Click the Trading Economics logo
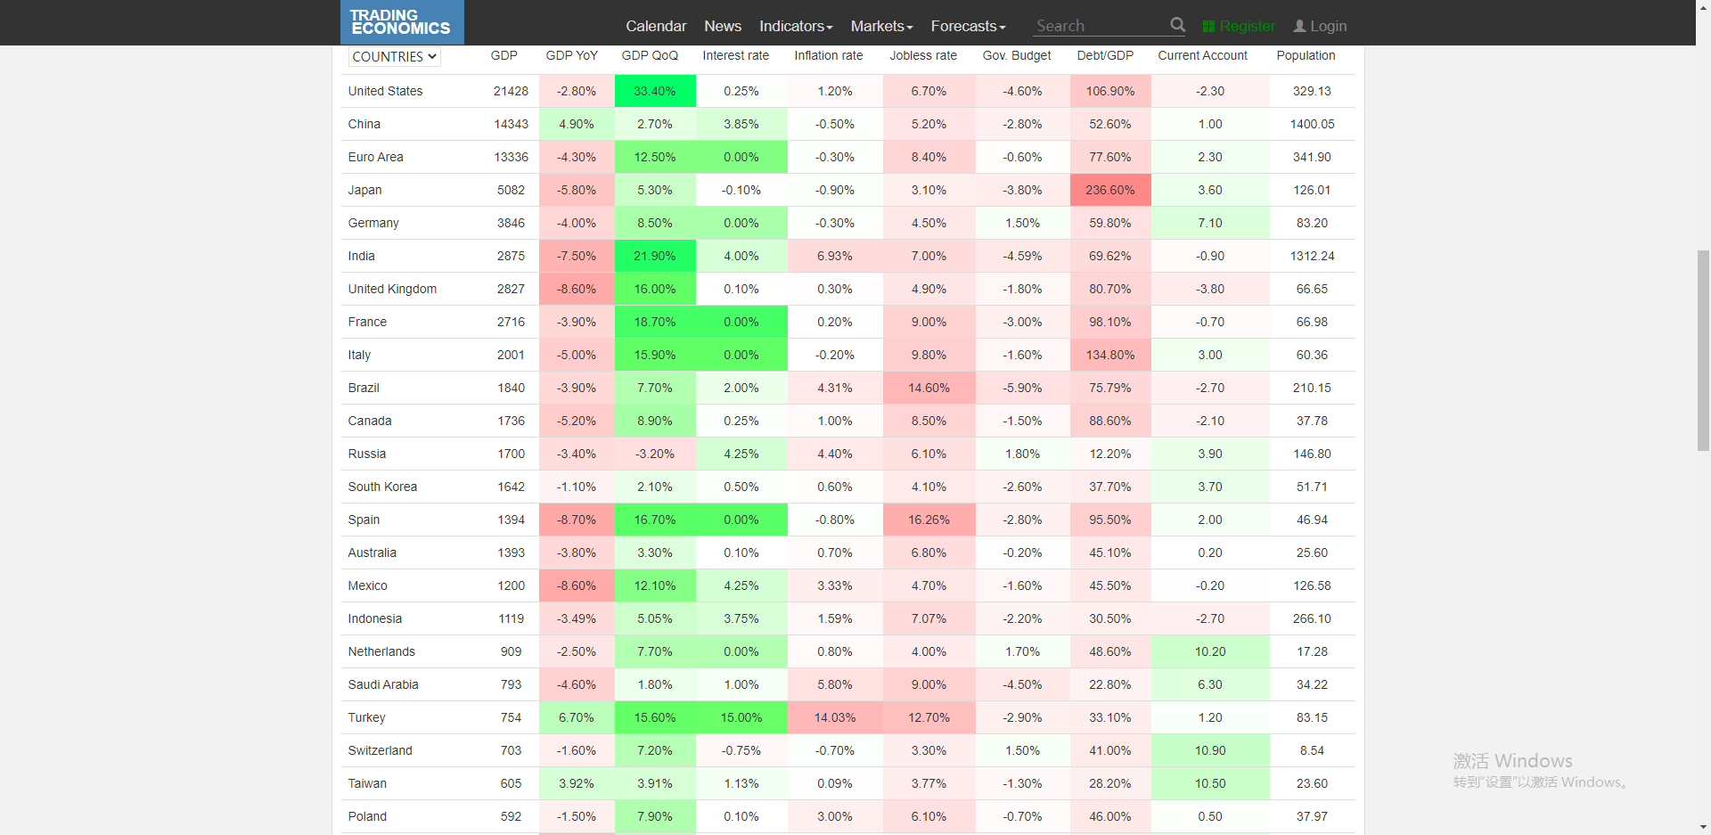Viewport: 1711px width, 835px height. click(401, 22)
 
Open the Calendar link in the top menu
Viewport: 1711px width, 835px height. click(656, 26)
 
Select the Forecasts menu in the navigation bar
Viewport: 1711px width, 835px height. click(968, 26)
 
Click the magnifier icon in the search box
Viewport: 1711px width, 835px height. click(1177, 25)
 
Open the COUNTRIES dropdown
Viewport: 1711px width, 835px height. click(394, 56)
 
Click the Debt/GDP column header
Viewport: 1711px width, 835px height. click(1105, 55)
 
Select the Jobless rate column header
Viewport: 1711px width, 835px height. click(923, 55)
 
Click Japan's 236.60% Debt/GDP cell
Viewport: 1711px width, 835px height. click(1110, 190)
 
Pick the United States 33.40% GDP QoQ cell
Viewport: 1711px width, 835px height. click(655, 91)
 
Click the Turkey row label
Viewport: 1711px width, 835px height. click(367, 717)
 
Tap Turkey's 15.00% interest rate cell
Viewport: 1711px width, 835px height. click(741, 717)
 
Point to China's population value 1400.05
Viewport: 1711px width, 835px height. click(1312, 124)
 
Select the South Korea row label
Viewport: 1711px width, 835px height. click(382, 487)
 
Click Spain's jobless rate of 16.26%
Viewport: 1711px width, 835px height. click(929, 520)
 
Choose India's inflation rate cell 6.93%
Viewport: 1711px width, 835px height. click(835, 256)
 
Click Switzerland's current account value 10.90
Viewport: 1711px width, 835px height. click(1210, 750)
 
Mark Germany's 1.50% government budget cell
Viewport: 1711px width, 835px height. click(1022, 223)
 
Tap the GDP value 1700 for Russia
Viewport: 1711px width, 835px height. click(511, 454)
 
